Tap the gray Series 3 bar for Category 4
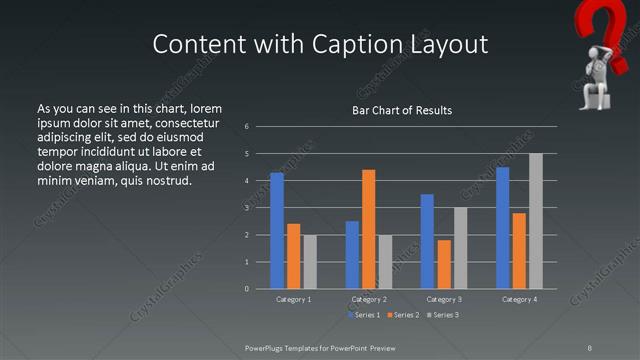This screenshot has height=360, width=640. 536,221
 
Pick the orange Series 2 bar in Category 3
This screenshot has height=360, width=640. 444,264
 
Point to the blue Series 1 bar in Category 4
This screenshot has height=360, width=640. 503,228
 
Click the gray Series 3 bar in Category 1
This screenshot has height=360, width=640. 310,262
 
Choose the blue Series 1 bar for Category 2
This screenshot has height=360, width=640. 352,255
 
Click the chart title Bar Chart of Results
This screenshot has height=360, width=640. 402,110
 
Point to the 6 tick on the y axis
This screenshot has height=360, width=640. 246,127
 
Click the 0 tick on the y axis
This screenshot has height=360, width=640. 246,289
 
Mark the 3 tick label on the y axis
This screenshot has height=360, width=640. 246,208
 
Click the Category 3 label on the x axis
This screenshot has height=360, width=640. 443,299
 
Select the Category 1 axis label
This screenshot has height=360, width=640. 293,299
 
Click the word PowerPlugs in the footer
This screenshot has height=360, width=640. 267,347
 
